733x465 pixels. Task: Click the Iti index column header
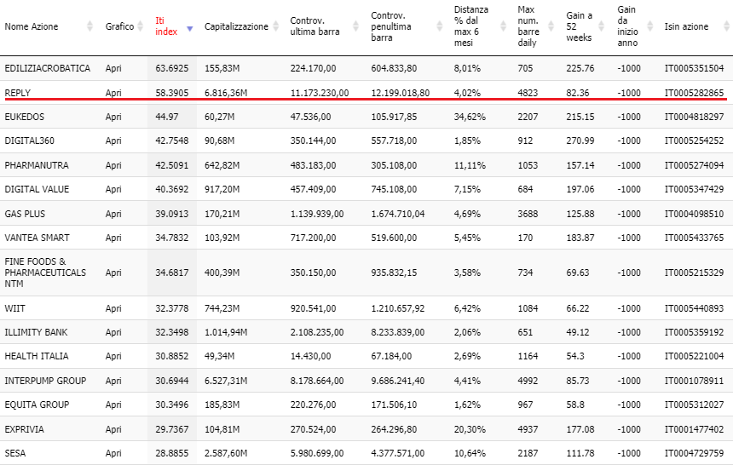pos(166,26)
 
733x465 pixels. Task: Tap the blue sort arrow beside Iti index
pos(190,29)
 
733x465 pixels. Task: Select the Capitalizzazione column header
pos(236,26)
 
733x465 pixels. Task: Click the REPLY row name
pos(17,93)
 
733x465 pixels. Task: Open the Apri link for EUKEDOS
pos(113,117)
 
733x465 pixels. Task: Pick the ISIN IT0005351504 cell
pos(694,68)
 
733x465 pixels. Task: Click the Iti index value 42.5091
pos(172,165)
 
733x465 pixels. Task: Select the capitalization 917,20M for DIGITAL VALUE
pos(222,189)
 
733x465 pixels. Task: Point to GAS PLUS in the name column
pos(25,214)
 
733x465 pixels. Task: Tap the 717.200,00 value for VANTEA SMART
pos(313,238)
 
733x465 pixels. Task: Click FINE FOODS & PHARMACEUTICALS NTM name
pos(45,273)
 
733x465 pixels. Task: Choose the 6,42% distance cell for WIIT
pos(467,308)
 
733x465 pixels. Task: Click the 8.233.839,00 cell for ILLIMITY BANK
pos(398,332)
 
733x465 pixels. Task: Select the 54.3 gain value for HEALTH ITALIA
pos(575,356)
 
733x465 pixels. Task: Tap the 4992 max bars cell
pos(528,381)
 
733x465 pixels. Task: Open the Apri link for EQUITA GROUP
pos(113,405)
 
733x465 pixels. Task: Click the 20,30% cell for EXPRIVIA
pos(470,429)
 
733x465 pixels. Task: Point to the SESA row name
pos(15,453)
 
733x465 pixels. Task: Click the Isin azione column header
pos(686,26)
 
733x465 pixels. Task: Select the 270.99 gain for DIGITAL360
pos(580,141)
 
